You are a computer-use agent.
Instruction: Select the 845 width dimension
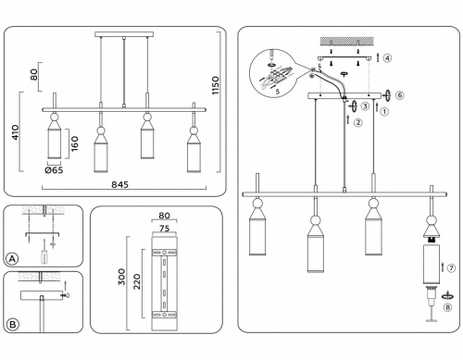(x=119, y=184)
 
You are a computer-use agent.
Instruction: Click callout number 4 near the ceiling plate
(x=387, y=58)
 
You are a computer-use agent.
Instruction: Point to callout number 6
(x=399, y=95)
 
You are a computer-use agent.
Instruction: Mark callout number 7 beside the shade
(x=451, y=268)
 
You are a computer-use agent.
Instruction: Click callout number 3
(x=366, y=107)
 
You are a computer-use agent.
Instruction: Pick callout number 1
(x=384, y=112)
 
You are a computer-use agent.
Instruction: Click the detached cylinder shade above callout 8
(x=431, y=266)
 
